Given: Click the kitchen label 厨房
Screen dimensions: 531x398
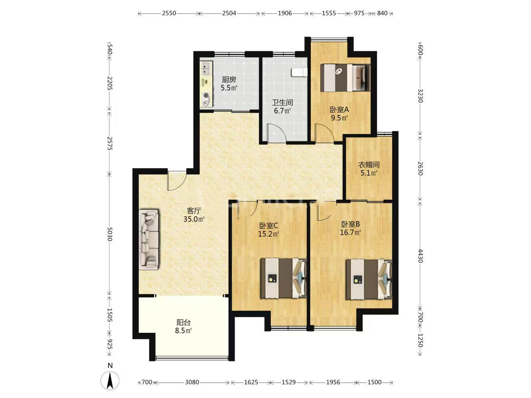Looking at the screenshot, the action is [x=229, y=80].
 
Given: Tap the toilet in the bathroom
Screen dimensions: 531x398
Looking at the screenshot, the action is [x=299, y=72].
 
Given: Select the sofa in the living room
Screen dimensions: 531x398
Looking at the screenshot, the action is [x=149, y=239].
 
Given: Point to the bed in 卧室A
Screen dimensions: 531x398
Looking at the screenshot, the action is [x=345, y=77].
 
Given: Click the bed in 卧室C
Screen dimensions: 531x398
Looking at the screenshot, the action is [x=283, y=278].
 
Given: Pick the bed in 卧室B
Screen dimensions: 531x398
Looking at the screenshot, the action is [x=369, y=279].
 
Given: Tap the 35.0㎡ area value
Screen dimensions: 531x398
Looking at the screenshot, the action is [x=194, y=219].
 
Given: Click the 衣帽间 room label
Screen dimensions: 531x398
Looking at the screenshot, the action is [x=369, y=165].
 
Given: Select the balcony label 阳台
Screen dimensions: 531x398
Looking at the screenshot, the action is [x=184, y=322].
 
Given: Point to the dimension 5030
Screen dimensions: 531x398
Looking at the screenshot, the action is [x=110, y=234].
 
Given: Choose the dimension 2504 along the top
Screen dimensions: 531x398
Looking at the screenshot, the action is [x=229, y=13].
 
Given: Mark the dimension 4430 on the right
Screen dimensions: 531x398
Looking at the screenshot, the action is [x=420, y=256].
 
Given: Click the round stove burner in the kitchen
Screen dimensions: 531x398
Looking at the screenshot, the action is [x=206, y=95].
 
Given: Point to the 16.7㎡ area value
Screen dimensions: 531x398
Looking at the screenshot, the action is [x=351, y=233].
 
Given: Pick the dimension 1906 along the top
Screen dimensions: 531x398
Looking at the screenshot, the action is [x=285, y=13].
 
